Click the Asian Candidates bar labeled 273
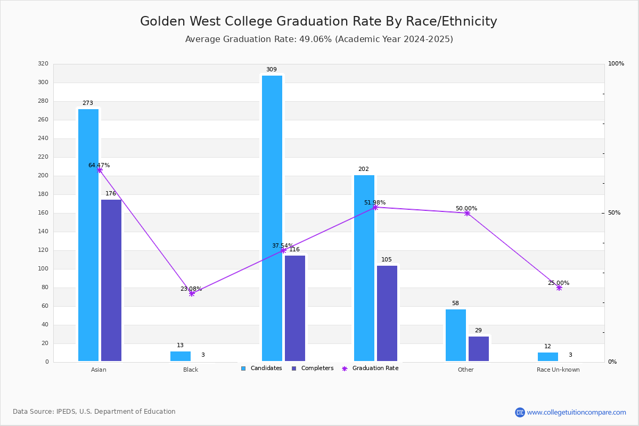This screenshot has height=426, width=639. (x=88, y=235)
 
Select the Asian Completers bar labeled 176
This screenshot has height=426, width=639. (x=111, y=280)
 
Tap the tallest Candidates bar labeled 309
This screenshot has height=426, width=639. (x=272, y=218)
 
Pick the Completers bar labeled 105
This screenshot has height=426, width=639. (x=387, y=313)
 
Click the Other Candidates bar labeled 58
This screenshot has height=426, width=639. (x=456, y=335)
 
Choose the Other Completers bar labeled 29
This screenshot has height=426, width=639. (x=479, y=349)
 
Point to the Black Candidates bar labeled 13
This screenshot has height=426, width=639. (x=181, y=356)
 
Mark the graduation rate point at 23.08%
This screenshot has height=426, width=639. (x=192, y=293)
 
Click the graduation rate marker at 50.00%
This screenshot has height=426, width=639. (x=467, y=213)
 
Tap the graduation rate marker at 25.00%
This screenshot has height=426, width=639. (x=559, y=288)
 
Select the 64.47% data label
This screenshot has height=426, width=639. (x=99, y=165)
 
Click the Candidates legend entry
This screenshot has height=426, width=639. (x=261, y=368)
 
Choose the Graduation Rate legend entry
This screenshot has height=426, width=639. (x=370, y=368)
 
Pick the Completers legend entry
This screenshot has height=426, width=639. (x=313, y=368)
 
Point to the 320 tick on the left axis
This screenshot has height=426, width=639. (x=43, y=63)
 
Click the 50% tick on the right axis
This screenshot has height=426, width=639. (x=614, y=213)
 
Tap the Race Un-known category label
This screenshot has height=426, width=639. (x=558, y=370)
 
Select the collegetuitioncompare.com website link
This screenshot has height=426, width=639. (x=576, y=412)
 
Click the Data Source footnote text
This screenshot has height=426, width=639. (x=94, y=412)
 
